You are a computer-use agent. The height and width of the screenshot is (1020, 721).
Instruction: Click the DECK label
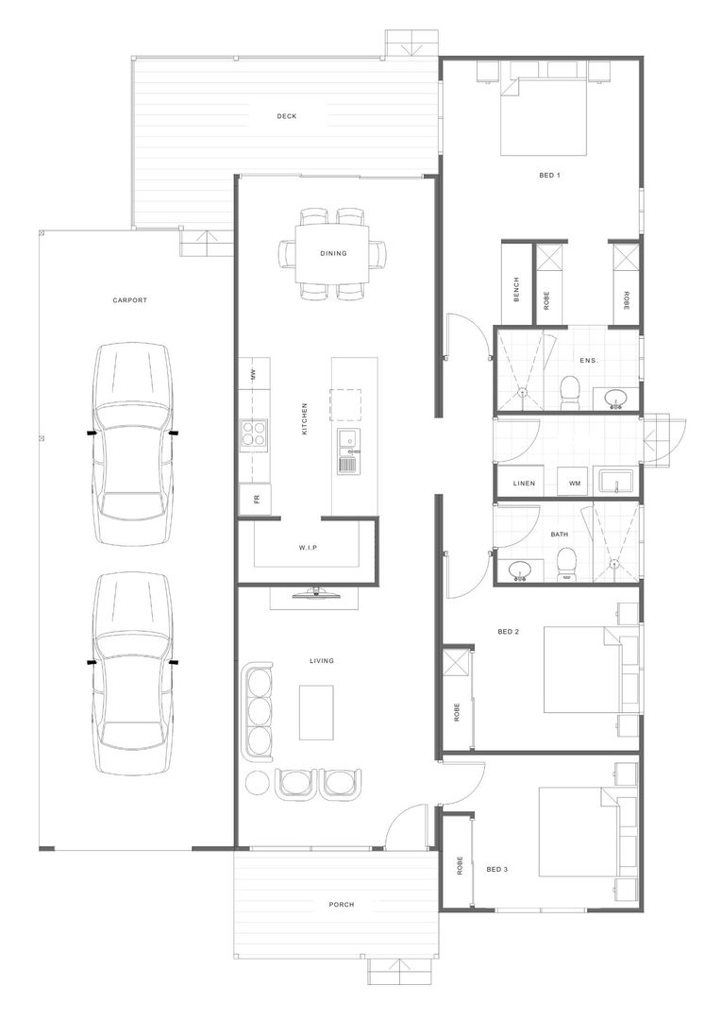[x=287, y=116]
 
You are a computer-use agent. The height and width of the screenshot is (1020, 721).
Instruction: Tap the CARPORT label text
[x=130, y=300]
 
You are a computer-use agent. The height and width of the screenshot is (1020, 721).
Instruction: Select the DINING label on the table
[x=333, y=253]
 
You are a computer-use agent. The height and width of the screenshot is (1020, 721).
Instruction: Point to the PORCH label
[x=342, y=904]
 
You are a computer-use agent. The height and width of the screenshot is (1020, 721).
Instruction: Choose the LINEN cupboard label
[x=525, y=484]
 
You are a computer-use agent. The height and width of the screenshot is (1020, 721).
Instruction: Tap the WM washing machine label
[x=575, y=484]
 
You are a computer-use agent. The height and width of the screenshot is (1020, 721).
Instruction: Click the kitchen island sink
[x=346, y=439]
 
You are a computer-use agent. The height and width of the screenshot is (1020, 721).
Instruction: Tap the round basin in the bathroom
[x=521, y=569]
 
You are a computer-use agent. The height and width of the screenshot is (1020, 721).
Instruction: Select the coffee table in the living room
[x=316, y=713]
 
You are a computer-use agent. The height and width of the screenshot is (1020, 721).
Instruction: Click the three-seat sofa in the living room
[x=258, y=711]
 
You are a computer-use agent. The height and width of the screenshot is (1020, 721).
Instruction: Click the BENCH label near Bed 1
[x=516, y=289]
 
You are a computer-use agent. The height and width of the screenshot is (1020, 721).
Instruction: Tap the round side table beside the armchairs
[x=256, y=783]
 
